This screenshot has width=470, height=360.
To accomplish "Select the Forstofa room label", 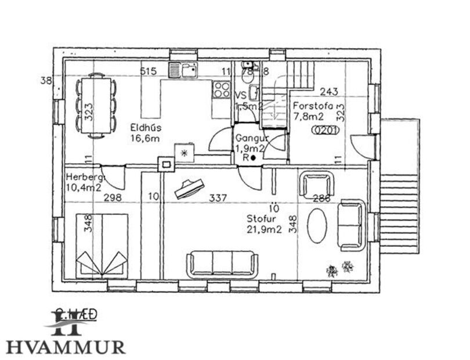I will (x=313, y=106).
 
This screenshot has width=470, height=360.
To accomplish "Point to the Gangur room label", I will (x=251, y=139).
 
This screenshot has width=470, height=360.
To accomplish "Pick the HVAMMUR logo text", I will (x=65, y=347).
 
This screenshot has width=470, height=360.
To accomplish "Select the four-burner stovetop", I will (x=221, y=89).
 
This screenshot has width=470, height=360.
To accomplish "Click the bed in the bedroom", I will (x=103, y=244).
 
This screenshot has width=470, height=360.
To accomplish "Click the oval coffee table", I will (x=317, y=225).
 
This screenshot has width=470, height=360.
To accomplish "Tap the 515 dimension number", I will (x=149, y=71).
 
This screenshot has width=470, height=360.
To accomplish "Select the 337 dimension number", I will (x=218, y=198).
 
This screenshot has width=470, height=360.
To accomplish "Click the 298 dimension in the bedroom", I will (x=113, y=198).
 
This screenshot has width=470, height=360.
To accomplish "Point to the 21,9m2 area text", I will (x=264, y=229).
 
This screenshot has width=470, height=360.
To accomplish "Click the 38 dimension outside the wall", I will (x=46, y=80).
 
